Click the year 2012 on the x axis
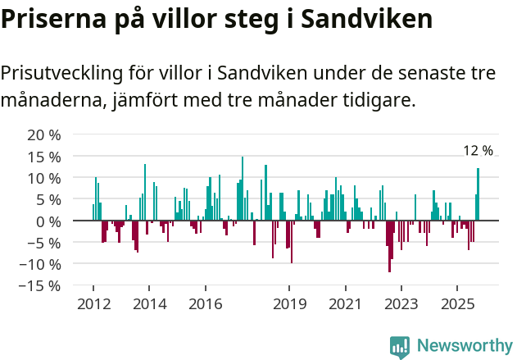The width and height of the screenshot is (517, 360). coord(93,304)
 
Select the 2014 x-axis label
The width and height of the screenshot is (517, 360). coord(149,304)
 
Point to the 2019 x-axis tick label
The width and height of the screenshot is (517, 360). coord(289,304)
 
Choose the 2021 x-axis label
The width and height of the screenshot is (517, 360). coord(345,304)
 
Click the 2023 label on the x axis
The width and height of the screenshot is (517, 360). coord(401,304)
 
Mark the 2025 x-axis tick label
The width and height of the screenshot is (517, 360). coord(457,304)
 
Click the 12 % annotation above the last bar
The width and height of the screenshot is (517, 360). coord(478,151)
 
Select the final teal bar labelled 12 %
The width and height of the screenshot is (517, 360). coord(478,194)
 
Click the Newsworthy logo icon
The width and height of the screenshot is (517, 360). coord(400,346)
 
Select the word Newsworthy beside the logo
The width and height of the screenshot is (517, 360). coord(465,346)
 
